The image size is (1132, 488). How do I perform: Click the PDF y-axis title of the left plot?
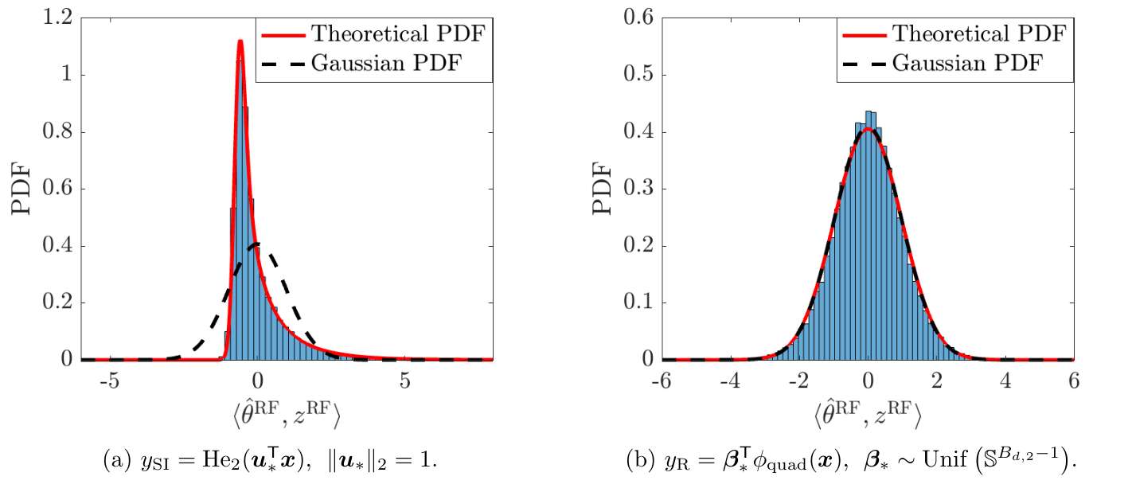tap(23, 189)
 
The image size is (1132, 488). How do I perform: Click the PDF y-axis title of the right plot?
tap(604, 189)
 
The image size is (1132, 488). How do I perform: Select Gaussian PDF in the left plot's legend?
tap(385, 62)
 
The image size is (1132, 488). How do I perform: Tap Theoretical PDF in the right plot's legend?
tap(978, 33)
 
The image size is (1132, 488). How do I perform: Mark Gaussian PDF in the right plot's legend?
tap(966, 62)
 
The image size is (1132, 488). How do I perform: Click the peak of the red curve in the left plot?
tap(240, 41)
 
